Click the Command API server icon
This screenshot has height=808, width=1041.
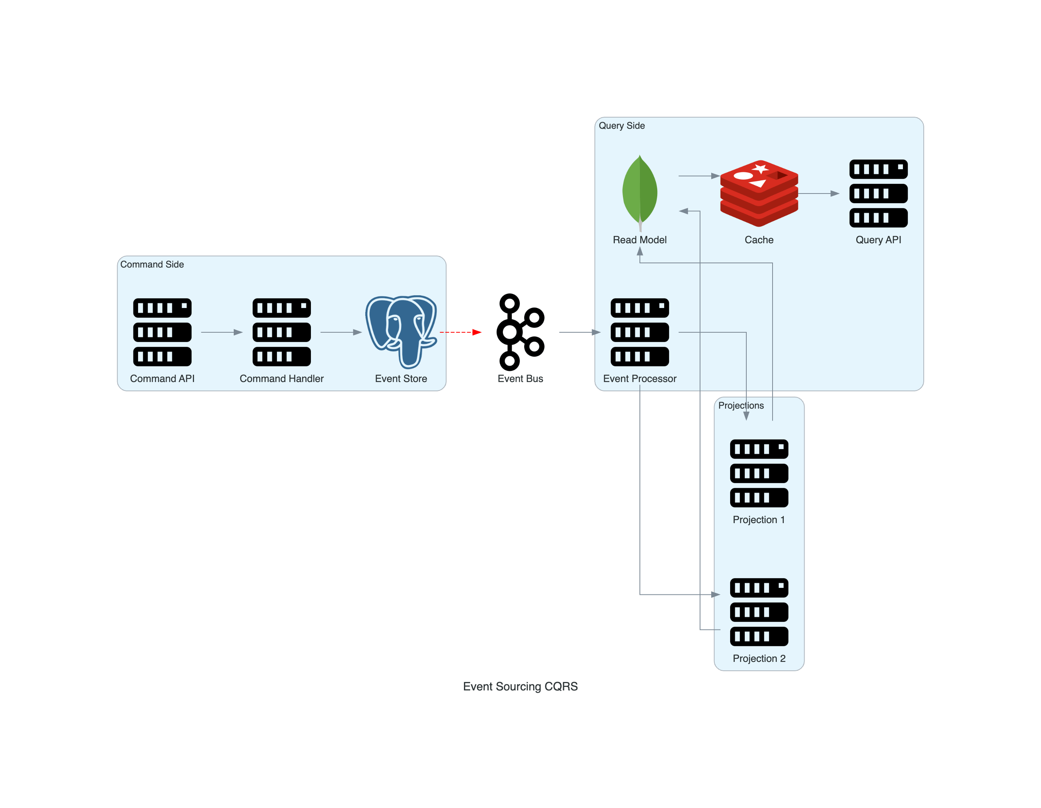click(x=162, y=332)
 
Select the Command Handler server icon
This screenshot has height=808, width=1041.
click(x=282, y=332)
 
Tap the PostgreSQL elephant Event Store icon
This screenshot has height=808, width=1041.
click(x=401, y=332)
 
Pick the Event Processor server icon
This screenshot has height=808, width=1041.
click(x=639, y=332)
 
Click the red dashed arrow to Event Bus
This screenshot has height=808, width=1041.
click(x=460, y=332)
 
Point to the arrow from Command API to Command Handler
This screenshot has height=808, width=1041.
click(x=222, y=332)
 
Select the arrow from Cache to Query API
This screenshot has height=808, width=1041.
click(x=818, y=194)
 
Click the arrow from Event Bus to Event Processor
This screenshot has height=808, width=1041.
click(x=579, y=332)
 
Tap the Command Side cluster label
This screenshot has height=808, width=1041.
click(x=152, y=264)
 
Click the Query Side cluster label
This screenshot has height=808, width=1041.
click(x=621, y=126)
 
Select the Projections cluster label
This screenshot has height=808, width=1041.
click(x=741, y=406)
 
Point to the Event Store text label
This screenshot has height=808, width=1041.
click(x=401, y=379)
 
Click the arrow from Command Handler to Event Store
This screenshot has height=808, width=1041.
click(x=341, y=332)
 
